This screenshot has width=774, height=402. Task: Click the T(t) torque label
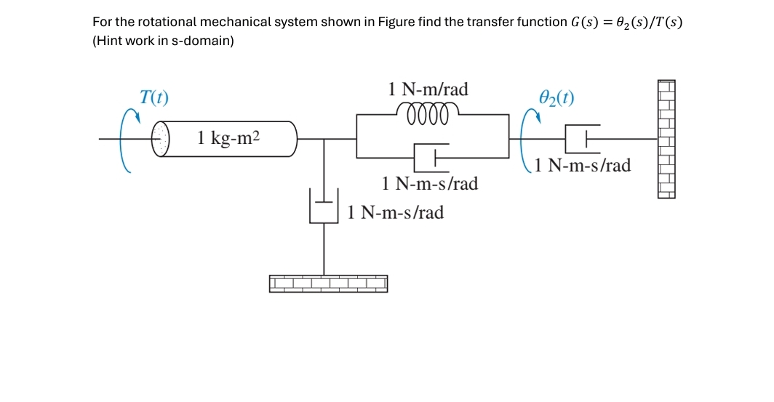pyautogui.click(x=153, y=97)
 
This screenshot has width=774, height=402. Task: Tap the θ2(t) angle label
pyautogui.click(x=556, y=97)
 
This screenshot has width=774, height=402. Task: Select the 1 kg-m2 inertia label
pyautogui.click(x=228, y=137)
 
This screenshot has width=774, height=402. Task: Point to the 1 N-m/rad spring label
pyautogui.click(x=428, y=89)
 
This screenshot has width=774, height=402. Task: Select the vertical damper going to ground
pyautogui.click(x=324, y=206)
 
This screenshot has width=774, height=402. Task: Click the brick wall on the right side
pyautogui.click(x=667, y=138)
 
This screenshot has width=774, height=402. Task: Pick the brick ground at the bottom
pyautogui.click(x=328, y=284)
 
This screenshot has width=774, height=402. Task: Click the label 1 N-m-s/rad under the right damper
pyautogui.click(x=582, y=166)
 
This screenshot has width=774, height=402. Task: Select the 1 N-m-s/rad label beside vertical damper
pyautogui.click(x=395, y=212)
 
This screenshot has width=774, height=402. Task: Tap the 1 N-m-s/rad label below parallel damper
pyautogui.click(x=430, y=184)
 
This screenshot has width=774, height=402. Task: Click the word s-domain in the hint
pyautogui.click(x=205, y=41)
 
